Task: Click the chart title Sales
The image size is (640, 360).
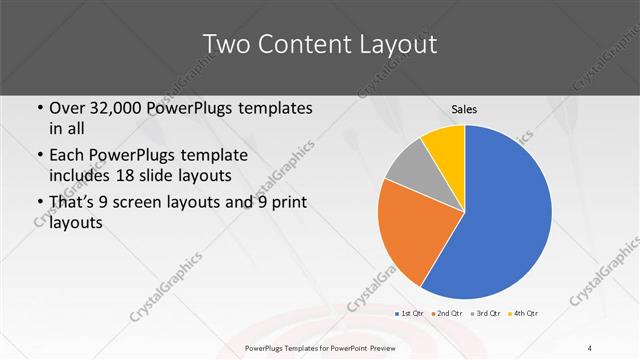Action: (x=464, y=107)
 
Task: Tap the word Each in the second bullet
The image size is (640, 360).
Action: (x=68, y=156)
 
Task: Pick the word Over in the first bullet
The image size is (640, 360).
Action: (x=69, y=108)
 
